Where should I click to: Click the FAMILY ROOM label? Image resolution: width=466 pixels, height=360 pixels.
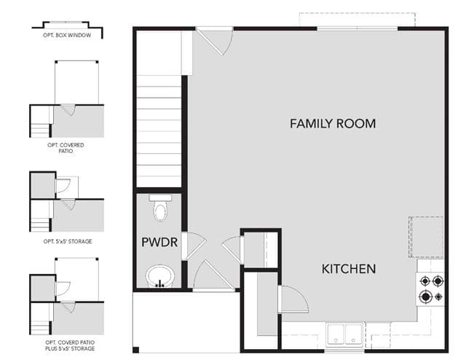[333, 123]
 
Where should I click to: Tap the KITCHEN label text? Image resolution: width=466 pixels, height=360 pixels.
[349, 269]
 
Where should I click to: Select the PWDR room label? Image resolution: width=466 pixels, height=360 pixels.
[159, 242]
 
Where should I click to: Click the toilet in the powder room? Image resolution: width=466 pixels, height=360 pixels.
[160, 208]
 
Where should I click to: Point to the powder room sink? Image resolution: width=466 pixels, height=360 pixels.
[160, 275]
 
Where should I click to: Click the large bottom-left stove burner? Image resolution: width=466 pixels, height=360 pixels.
[425, 297]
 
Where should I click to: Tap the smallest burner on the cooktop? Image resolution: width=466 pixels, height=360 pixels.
[438, 297]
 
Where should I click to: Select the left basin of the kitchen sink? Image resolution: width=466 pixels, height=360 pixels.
[336, 334]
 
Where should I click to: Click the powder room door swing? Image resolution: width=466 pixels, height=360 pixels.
[194, 246]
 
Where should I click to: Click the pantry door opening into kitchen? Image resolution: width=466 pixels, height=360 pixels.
[293, 300]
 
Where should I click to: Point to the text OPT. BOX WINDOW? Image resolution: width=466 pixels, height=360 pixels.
[67, 35]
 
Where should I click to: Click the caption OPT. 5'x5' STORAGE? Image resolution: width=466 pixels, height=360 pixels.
[68, 241]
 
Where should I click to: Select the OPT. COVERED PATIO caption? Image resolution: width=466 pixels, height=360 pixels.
[66, 148]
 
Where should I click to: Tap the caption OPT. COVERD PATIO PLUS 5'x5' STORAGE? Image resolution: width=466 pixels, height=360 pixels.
[70, 345]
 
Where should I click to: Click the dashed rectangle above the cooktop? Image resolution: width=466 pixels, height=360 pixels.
[426, 237]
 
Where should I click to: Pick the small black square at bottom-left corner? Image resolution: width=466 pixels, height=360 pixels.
[135, 350]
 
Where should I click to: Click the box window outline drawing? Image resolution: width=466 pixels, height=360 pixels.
[68, 28]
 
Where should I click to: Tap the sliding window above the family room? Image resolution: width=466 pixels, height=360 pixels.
[358, 28]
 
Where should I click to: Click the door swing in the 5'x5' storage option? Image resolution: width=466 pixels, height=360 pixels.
[63, 186]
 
